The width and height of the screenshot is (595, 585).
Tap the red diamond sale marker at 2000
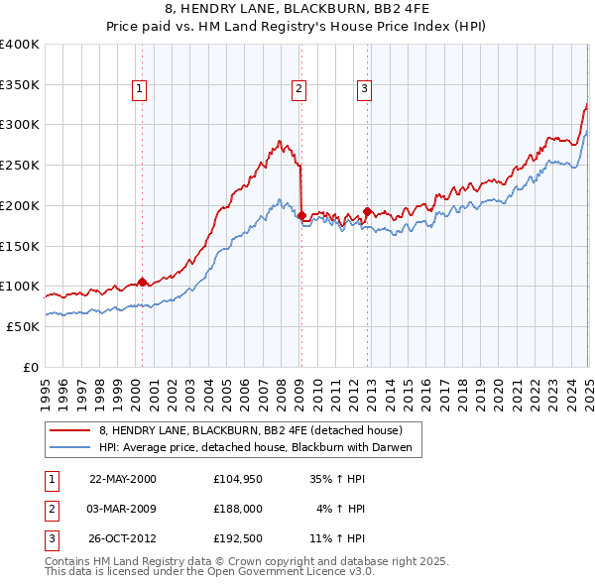[x=142, y=282]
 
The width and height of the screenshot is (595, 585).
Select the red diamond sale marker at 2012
[x=367, y=211]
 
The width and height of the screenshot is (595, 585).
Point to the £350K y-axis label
[x=20, y=84]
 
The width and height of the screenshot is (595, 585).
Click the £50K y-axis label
[x=23, y=326]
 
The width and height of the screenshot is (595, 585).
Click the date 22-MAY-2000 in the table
[x=123, y=479]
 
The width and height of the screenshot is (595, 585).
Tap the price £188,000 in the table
[x=238, y=509]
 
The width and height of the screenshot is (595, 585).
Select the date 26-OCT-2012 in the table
[x=123, y=538]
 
